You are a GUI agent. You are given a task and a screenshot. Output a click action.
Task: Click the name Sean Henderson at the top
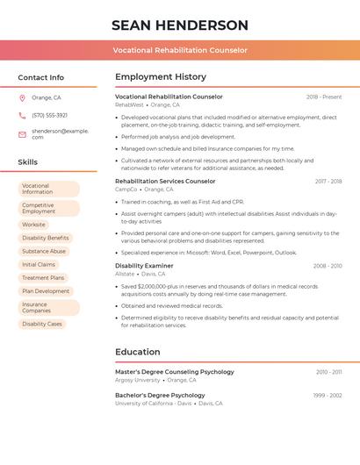(x=180, y=25)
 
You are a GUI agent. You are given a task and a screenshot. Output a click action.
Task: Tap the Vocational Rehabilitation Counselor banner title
(x=180, y=50)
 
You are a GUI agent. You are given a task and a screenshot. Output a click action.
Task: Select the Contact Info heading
(x=40, y=77)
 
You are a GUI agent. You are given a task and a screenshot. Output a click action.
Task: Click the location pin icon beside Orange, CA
(x=22, y=97)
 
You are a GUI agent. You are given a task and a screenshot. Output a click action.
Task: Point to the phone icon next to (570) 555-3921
(x=22, y=115)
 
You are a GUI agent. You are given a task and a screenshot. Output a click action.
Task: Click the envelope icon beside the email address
(x=22, y=134)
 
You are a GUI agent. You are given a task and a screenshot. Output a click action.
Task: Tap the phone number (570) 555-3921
(x=49, y=115)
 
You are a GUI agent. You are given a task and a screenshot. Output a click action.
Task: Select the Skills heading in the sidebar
(x=27, y=162)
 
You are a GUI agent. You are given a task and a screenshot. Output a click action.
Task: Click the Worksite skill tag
(x=33, y=225)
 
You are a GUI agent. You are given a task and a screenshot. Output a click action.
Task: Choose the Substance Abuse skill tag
(x=44, y=251)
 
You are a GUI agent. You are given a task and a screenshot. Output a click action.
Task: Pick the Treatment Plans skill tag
(x=43, y=277)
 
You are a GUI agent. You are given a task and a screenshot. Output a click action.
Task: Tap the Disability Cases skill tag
(x=42, y=324)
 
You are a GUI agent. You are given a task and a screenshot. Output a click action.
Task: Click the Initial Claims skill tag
(x=39, y=264)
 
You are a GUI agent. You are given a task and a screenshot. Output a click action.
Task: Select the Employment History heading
(x=161, y=77)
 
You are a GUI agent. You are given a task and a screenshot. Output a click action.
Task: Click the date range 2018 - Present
(x=324, y=97)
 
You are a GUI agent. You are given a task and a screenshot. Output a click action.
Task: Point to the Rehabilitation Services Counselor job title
(x=165, y=181)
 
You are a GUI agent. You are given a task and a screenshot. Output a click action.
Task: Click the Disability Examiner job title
(x=144, y=266)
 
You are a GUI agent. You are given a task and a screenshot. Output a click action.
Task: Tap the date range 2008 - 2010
(x=328, y=266)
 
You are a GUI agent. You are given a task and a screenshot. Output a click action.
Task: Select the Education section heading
(x=138, y=352)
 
